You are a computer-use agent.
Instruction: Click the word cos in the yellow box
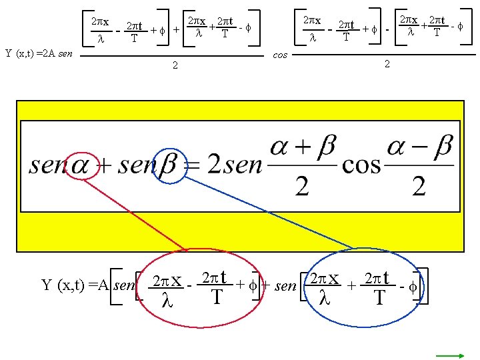[361, 163]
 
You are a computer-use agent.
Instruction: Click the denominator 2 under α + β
[302, 186]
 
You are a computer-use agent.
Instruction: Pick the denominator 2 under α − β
[419, 186]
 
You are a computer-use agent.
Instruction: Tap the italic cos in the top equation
[280, 55]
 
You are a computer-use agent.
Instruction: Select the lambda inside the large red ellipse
[167, 302]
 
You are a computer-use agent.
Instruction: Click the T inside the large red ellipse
[216, 298]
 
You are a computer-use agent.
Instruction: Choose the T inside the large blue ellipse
[379, 298]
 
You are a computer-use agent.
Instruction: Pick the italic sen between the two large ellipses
[285, 286]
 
